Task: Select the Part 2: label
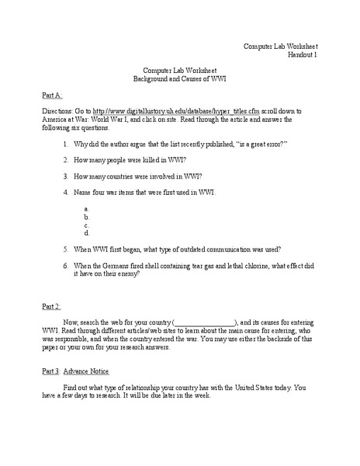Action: (x=51, y=307)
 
